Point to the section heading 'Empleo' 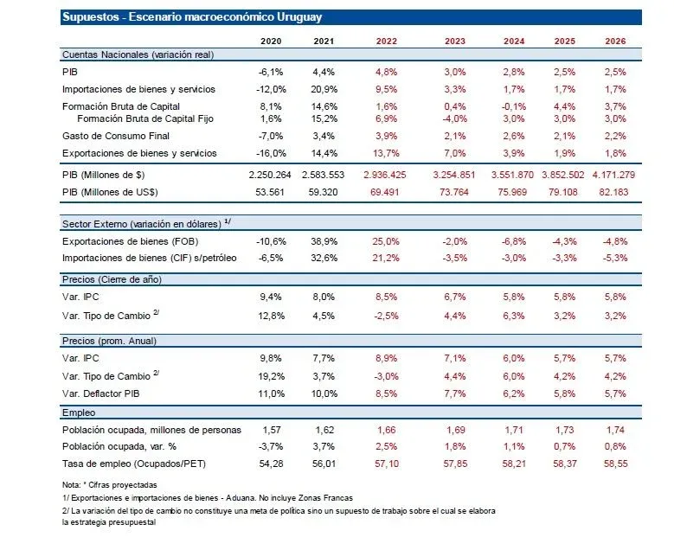point(80,413)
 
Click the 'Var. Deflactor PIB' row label point(103,393)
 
